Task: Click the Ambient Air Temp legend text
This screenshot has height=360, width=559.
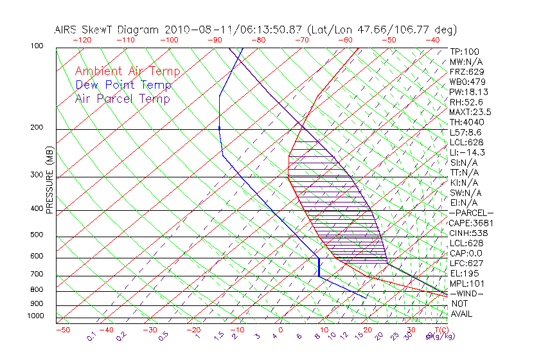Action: [127, 71]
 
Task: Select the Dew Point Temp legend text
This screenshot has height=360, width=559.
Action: [123, 85]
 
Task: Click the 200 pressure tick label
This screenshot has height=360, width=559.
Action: [37, 127]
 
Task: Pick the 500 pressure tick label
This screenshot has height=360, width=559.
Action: [37, 235]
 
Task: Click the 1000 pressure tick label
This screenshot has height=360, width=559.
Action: [35, 316]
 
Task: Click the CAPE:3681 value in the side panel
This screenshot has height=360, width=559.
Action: [472, 223]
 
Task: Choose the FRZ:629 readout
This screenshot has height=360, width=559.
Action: [466, 71]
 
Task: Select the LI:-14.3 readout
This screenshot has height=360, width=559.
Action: [468, 152]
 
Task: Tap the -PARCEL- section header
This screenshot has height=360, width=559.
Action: [472, 213]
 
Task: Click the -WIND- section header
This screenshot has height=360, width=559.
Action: [467, 293]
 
